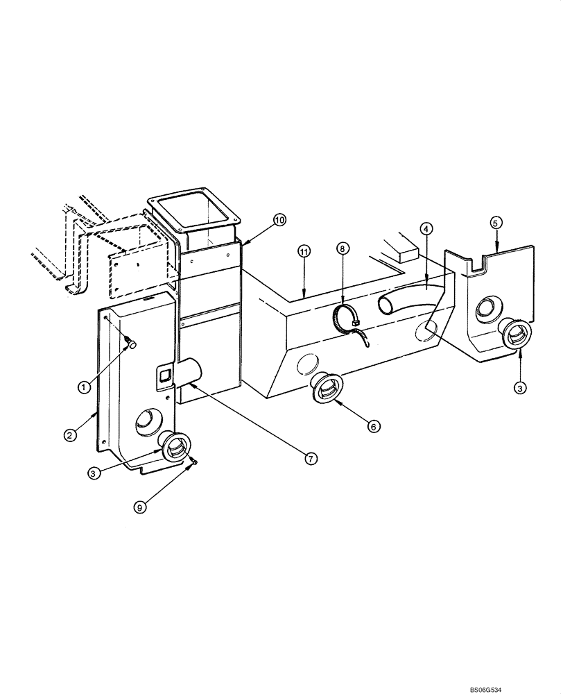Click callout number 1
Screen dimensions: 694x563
pyautogui.click(x=83, y=387)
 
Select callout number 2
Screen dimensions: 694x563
pyautogui.click(x=69, y=436)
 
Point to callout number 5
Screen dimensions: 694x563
pyautogui.click(x=495, y=223)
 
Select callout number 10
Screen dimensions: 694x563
pyautogui.click(x=279, y=220)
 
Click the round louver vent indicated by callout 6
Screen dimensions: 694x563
pyautogui.click(x=324, y=387)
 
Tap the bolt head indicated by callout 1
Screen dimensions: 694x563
pyautogui.click(x=130, y=343)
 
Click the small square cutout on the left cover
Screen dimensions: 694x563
pyautogui.click(x=164, y=376)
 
